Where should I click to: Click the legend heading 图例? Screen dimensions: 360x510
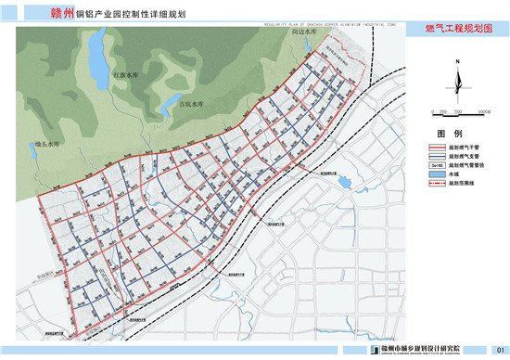click(x=455, y=134)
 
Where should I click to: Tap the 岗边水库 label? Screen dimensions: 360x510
click(x=304, y=32)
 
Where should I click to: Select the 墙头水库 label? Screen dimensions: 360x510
click(x=46, y=144)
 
